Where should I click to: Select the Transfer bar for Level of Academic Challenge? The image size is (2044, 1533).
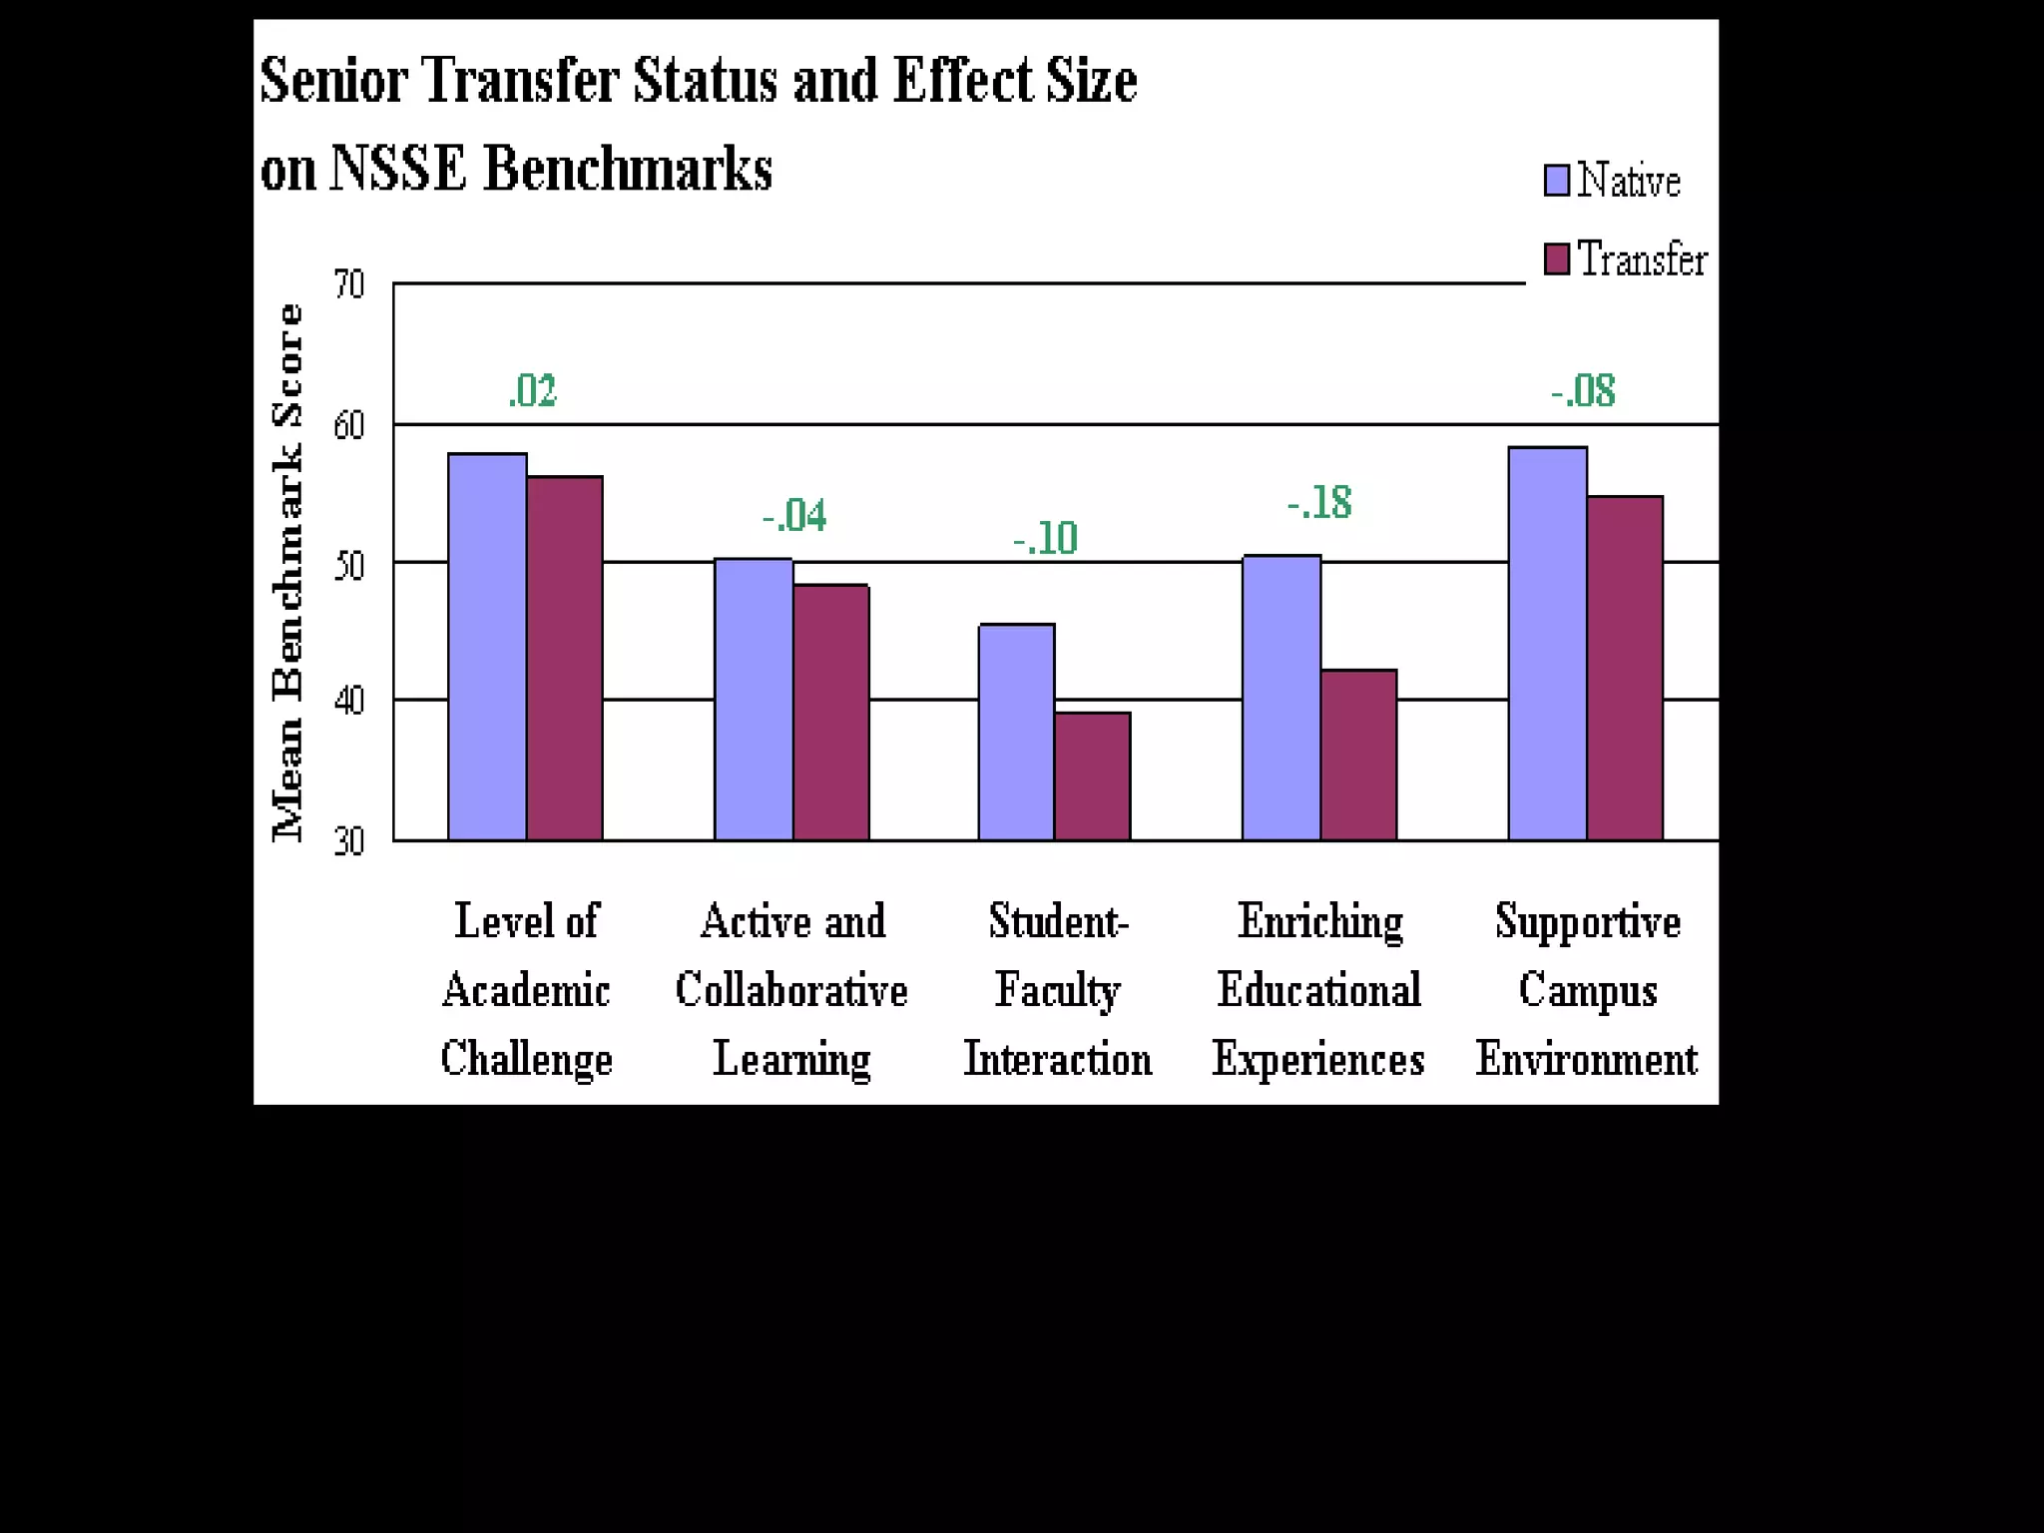click(565, 659)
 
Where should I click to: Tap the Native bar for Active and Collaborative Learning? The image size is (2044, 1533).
click(754, 699)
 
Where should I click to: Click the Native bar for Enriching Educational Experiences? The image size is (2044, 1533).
click(1281, 698)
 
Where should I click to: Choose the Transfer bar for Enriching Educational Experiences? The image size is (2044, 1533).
click(1359, 755)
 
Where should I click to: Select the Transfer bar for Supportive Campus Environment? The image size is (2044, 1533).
click(1625, 668)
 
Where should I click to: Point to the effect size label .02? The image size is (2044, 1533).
click(532, 391)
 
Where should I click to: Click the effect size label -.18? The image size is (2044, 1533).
click(1318, 503)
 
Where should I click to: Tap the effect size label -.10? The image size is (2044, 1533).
click(1045, 539)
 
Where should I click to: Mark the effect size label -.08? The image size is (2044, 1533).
click(1583, 391)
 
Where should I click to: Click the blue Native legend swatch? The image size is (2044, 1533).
click(1556, 181)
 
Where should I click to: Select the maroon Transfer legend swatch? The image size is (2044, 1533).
click(1556, 258)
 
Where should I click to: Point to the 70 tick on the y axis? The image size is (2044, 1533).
click(349, 284)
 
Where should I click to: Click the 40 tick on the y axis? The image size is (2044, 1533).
click(349, 701)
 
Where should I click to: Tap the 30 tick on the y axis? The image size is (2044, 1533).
click(349, 841)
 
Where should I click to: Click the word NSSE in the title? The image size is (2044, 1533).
click(397, 168)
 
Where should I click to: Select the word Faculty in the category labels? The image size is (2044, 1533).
click(1057, 990)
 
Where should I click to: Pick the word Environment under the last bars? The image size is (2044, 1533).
click(1586, 1059)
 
